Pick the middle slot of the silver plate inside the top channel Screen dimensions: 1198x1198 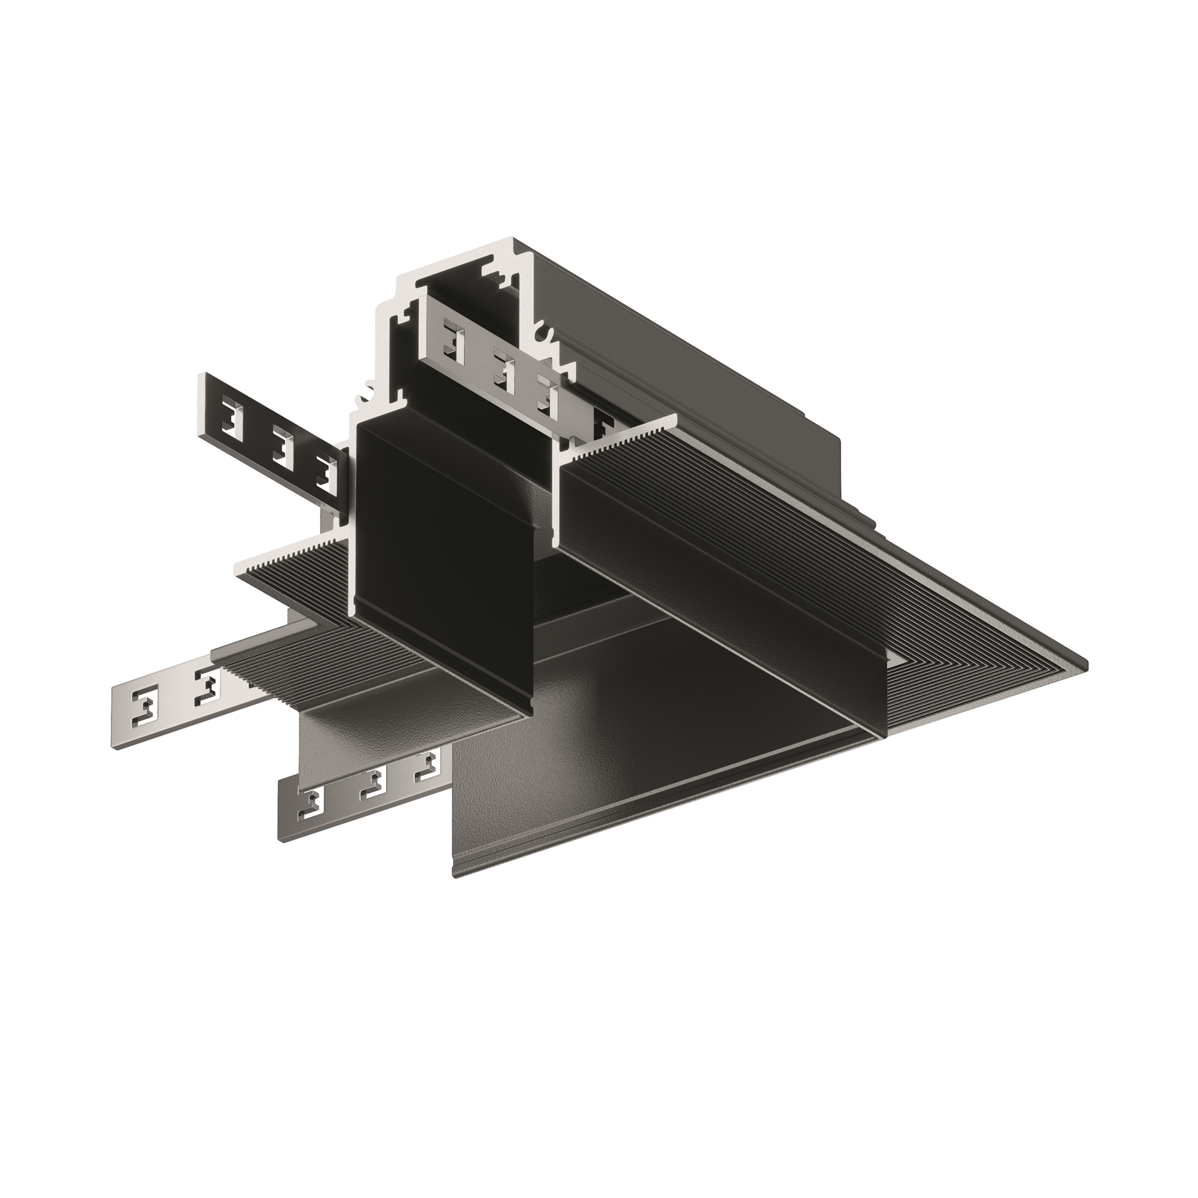click(504, 370)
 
